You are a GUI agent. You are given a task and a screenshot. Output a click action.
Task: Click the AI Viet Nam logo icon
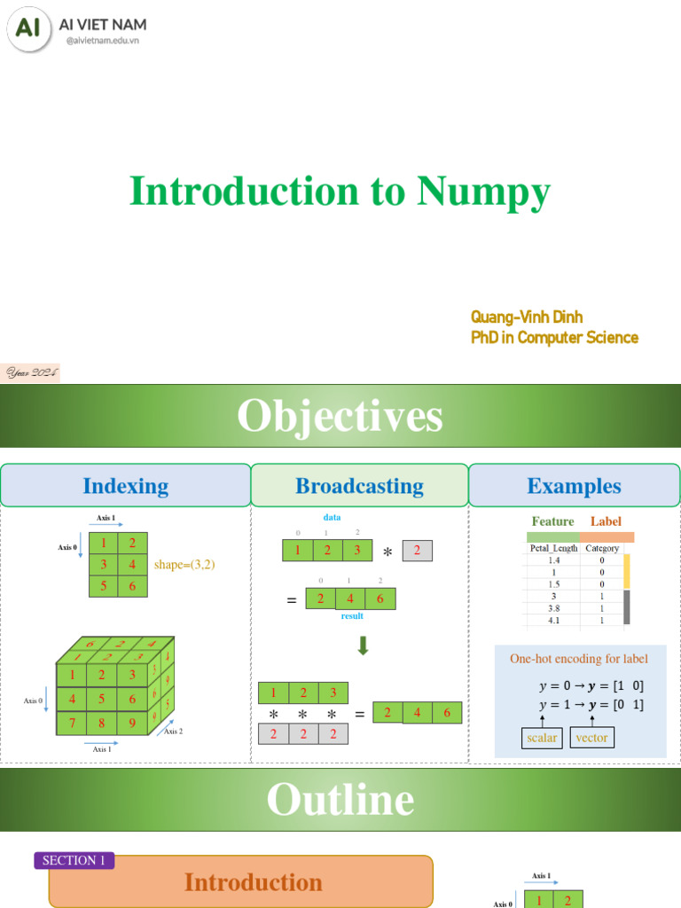click(x=29, y=29)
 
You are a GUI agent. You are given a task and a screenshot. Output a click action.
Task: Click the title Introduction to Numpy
click(x=340, y=192)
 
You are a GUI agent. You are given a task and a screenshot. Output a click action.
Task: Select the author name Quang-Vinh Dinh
click(x=527, y=317)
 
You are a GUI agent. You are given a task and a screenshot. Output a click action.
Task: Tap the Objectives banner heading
click(x=340, y=416)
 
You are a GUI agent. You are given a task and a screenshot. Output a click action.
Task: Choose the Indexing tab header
click(x=125, y=486)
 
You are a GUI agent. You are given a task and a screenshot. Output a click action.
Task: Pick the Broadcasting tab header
click(x=359, y=486)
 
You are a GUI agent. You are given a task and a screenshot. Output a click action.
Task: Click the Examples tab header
click(x=574, y=486)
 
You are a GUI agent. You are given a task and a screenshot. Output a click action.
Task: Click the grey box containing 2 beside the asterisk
click(x=417, y=551)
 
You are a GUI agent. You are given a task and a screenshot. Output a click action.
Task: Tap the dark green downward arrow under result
click(x=362, y=647)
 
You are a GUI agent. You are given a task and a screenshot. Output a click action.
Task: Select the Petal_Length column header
click(x=553, y=548)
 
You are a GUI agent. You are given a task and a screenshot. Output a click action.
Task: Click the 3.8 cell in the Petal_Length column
click(x=553, y=609)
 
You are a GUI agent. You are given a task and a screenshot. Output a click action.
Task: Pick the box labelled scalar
click(x=541, y=738)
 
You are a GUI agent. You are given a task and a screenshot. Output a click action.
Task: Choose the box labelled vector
click(x=591, y=738)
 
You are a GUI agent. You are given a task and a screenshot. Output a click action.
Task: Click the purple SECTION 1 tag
click(x=74, y=860)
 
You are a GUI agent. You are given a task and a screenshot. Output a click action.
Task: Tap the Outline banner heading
click(x=340, y=800)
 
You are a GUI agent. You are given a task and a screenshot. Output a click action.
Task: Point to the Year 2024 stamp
click(x=31, y=373)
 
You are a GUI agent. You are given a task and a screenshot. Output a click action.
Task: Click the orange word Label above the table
click(x=606, y=521)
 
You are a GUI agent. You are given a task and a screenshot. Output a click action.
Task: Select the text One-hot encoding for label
click(x=578, y=659)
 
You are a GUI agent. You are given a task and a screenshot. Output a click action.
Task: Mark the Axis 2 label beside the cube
click(x=173, y=732)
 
